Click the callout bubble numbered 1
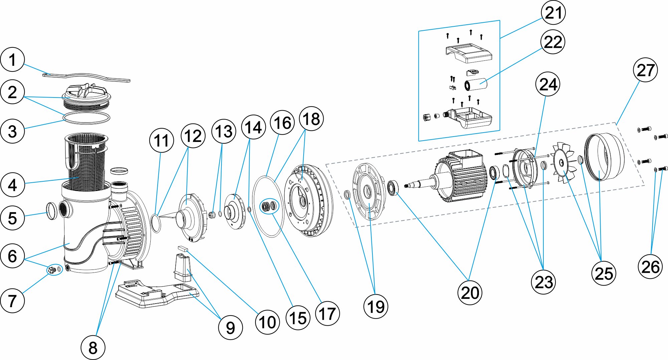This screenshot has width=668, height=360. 12,60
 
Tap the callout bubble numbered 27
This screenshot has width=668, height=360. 645,70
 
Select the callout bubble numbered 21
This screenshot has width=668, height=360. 553,13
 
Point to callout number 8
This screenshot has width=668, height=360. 93,348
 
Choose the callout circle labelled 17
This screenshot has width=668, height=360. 327,314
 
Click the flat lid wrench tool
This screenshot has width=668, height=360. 86,76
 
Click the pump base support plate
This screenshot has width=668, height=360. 157,294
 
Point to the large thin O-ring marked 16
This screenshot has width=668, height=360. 267,207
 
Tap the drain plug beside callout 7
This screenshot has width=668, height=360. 51,270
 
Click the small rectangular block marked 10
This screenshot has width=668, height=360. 183,248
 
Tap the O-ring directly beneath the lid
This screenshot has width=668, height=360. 86,118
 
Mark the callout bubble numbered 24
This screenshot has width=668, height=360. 548,84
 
